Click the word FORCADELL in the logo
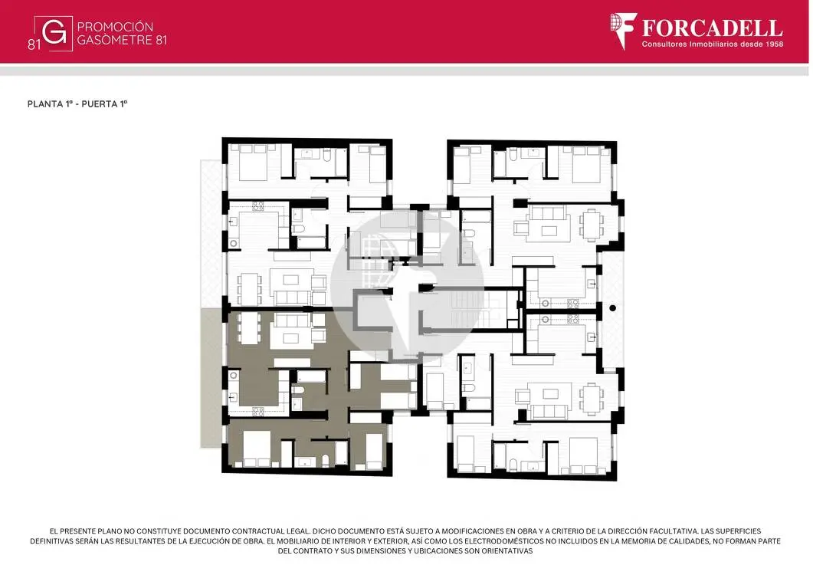(713, 28)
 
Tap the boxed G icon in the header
(54, 34)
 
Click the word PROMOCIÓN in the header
(115, 27)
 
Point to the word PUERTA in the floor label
(100, 103)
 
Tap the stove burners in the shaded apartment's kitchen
(258, 412)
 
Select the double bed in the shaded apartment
(256, 448)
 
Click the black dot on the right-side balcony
(612, 308)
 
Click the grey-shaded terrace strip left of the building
(211, 378)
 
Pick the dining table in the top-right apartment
(592, 225)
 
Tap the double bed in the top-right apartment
(585, 164)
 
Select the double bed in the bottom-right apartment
(583, 455)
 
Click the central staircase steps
(468, 309)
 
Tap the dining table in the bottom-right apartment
(592, 399)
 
